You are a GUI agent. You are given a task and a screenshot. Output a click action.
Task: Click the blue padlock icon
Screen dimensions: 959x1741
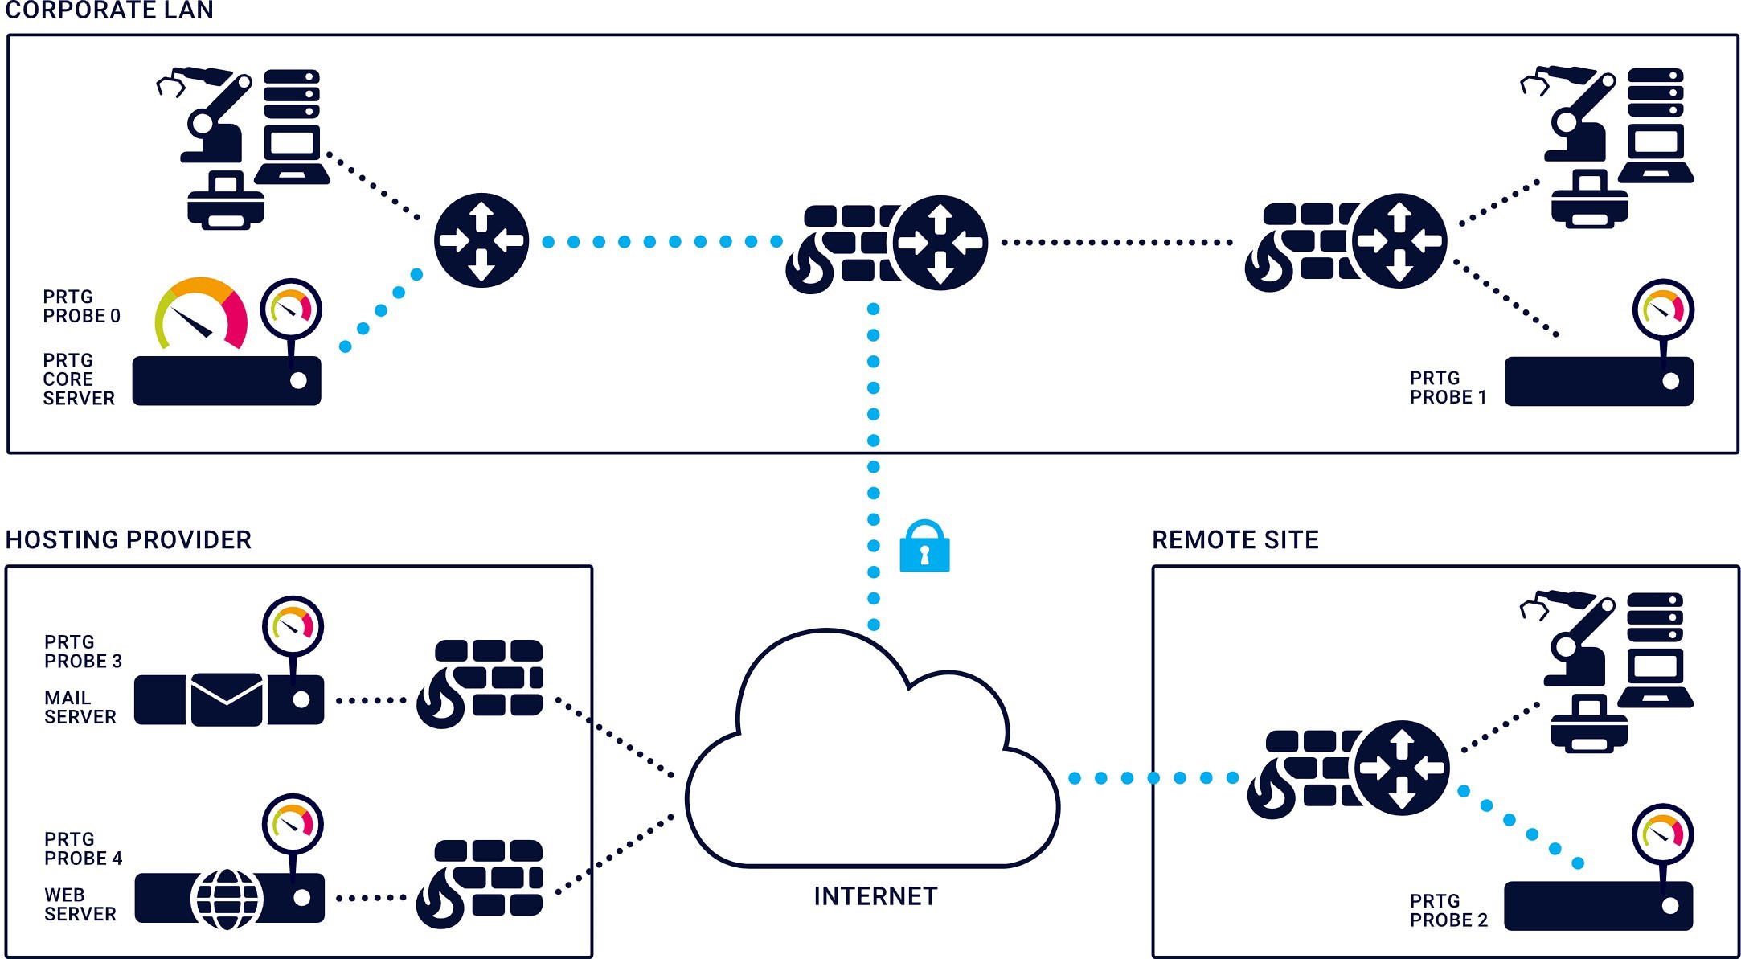(x=924, y=547)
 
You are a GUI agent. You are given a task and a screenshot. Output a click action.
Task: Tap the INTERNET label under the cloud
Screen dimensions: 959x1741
(x=875, y=896)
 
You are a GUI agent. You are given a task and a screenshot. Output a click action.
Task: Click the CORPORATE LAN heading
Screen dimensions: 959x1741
(x=109, y=10)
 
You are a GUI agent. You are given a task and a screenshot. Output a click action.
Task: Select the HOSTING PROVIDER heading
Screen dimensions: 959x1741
(x=129, y=539)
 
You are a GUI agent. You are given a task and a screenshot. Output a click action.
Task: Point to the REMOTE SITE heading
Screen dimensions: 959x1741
(x=1235, y=539)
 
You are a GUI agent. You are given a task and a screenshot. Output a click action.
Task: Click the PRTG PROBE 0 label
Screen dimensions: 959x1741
(x=81, y=306)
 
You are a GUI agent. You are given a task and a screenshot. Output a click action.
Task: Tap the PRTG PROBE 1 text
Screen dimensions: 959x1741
(x=1448, y=387)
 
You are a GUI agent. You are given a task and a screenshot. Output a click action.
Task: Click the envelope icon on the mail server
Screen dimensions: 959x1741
(x=227, y=699)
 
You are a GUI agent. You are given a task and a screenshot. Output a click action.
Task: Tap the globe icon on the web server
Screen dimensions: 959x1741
(x=227, y=899)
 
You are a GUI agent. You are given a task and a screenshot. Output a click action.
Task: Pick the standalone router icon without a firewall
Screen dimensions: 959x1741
(x=481, y=240)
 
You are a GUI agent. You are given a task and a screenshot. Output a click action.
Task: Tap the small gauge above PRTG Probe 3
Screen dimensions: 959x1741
(x=293, y=626)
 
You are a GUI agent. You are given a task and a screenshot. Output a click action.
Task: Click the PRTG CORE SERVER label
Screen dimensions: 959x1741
(x=78, y=379)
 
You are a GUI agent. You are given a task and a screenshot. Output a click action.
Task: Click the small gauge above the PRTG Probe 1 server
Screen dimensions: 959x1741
(x=1663, y=309)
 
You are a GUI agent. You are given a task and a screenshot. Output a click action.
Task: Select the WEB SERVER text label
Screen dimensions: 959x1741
(x=80, y=904)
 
